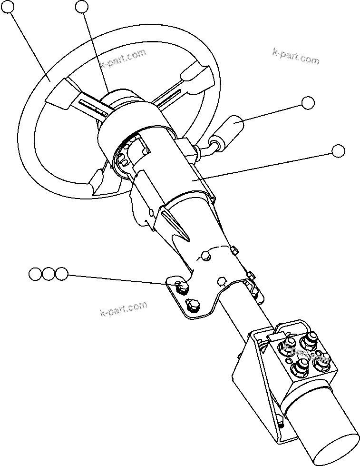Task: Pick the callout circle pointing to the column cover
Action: click(338, 151)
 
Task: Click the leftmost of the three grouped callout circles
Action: click(35, 274)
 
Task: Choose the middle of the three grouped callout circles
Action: click(49, 274)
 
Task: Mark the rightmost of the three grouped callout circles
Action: click(61, 274)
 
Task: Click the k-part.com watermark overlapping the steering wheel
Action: click(123, 59)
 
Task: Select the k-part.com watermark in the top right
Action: click(295, 56)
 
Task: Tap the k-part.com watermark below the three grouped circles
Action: click(124, 309)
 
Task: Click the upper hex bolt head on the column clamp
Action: click(205, 257)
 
